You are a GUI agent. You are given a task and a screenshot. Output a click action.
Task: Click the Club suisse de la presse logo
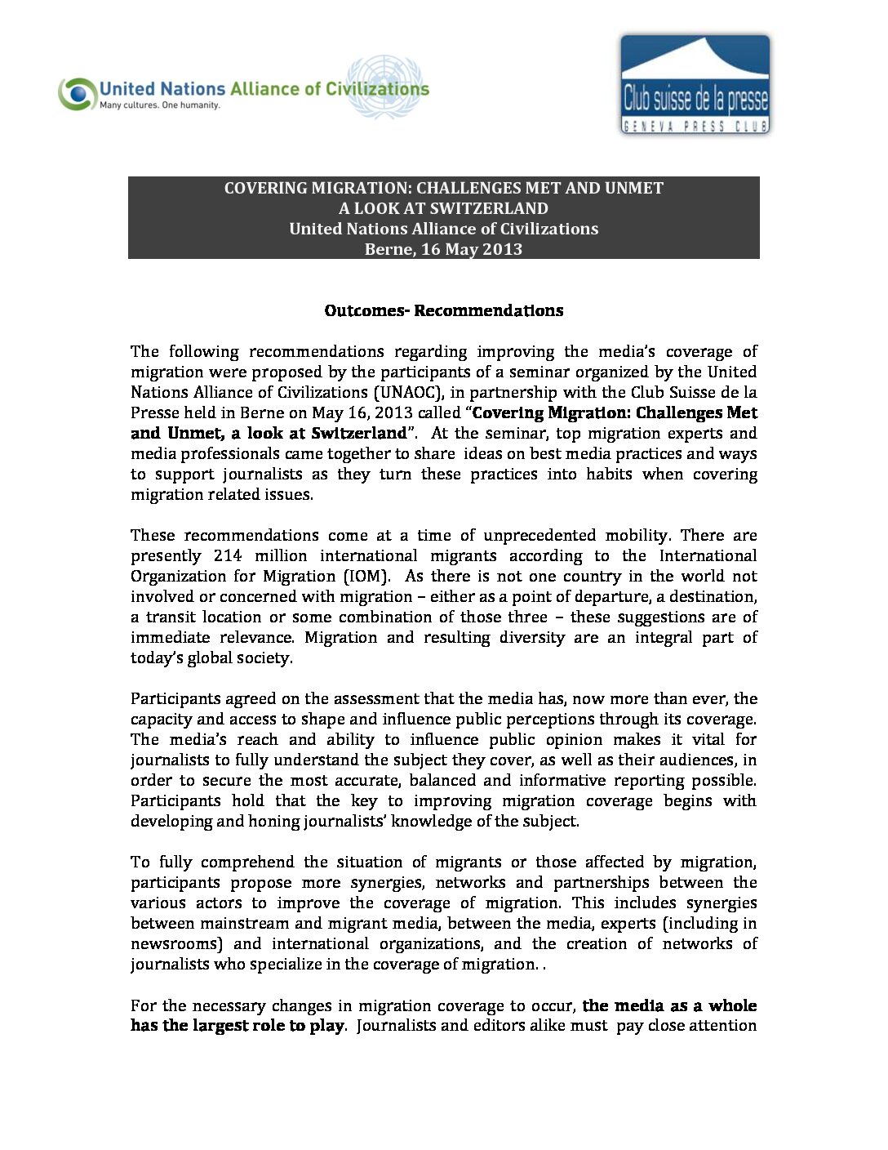695,84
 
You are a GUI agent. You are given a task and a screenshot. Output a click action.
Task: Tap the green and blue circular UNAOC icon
78,94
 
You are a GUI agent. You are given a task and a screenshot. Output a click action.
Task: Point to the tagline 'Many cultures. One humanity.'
160,105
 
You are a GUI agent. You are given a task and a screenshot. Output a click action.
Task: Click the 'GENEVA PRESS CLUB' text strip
695,126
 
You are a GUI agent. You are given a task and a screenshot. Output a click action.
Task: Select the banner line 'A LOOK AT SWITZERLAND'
443,208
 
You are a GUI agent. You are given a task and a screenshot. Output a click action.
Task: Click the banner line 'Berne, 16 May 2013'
443,249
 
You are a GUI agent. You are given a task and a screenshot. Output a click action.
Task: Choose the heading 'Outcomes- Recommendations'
443,310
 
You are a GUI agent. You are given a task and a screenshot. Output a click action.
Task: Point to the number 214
228,555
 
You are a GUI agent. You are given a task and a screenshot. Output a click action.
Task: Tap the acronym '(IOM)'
365,576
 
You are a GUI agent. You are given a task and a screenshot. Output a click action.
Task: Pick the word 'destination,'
714,596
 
